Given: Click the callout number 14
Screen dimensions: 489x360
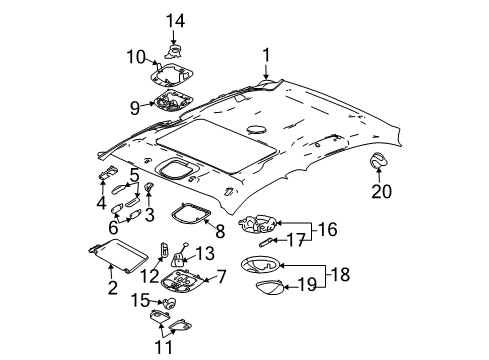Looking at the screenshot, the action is (x=175, y=21).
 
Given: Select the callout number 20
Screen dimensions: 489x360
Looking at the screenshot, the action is (x=382, y=191).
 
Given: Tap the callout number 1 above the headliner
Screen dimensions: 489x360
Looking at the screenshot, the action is (x=266, y=55).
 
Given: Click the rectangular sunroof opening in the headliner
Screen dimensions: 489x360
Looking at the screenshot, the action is (x=217, y=147).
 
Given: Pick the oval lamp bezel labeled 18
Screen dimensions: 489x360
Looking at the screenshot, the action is (x=260, y=265).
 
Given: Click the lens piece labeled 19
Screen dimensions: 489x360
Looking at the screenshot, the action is (x=270, y=287).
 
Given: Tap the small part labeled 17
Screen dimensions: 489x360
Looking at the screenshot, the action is (x=266, y=242).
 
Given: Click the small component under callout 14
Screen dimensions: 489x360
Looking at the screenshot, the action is (x=173, y=51).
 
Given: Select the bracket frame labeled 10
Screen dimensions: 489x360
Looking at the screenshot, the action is (x=172, y=74).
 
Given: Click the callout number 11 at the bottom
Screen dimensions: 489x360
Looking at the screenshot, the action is (x=164, y=347).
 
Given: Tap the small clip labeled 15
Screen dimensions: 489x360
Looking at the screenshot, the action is (x=169, y=303).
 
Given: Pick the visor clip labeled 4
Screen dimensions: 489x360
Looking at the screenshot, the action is (x=108, y=172).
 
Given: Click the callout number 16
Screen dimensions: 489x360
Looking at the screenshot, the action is (x=327, y=229).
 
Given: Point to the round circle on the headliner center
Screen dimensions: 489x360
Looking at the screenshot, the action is (x=257, y=129).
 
